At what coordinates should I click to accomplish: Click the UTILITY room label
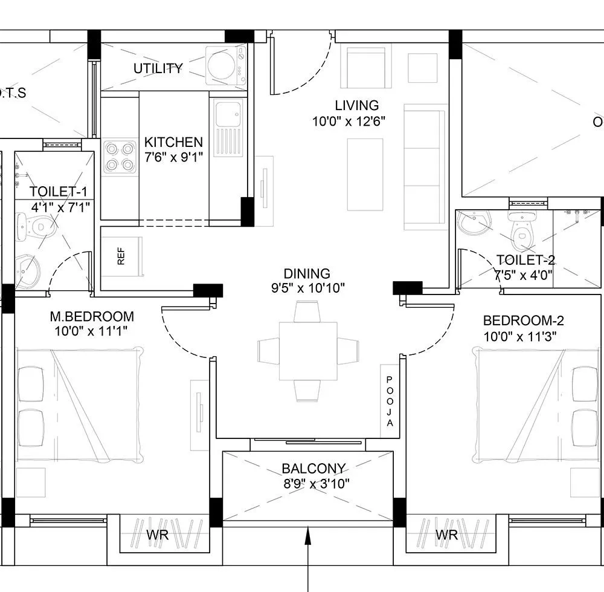click(x=158, y=68)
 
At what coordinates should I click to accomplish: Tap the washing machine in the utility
click(x=225, y=65)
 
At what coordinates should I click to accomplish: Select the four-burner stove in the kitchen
click(x=119, y=157)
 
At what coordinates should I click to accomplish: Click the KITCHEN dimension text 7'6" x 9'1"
click(x=173, y=157)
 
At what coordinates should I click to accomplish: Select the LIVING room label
click(x=356, y=106)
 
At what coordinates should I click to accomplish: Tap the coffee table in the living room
click(x=365, y=174)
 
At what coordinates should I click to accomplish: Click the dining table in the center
click(x=308, y=351)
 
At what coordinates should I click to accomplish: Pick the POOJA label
click(x=390, y=402)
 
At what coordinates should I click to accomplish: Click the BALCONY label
click(x=313, y=469)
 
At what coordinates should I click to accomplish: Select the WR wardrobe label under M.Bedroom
click(x=158, y=535)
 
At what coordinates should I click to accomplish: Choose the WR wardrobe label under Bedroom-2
click(x=446, y=535)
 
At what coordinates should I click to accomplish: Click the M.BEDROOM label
click(x=91, y=316)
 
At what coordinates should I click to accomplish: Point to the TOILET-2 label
click(x=525, y=260)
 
